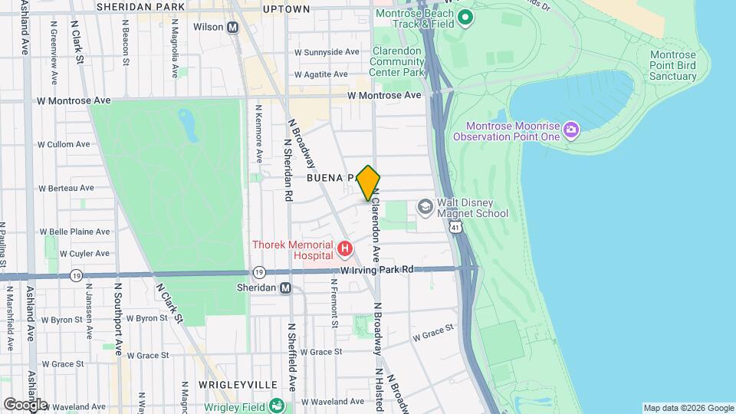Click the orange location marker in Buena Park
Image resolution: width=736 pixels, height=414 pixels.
369,183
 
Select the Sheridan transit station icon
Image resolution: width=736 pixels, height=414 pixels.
285,288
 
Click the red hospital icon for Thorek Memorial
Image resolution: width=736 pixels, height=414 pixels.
345,249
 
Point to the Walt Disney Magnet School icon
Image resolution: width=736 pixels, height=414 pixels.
425,207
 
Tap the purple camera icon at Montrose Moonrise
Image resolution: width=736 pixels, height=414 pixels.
570,130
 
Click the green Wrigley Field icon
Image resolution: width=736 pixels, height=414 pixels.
278,406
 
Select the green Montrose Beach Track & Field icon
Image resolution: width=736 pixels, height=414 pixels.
465,17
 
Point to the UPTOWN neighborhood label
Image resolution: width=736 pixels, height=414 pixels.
286,9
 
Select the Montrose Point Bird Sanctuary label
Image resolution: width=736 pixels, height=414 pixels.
672,66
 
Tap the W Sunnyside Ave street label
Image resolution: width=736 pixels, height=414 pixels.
327,52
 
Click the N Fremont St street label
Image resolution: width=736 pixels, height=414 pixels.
334,302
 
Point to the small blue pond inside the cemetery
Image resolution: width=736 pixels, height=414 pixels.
186,120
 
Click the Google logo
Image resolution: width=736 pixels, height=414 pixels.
25,404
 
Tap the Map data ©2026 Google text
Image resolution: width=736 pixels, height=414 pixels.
688,408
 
